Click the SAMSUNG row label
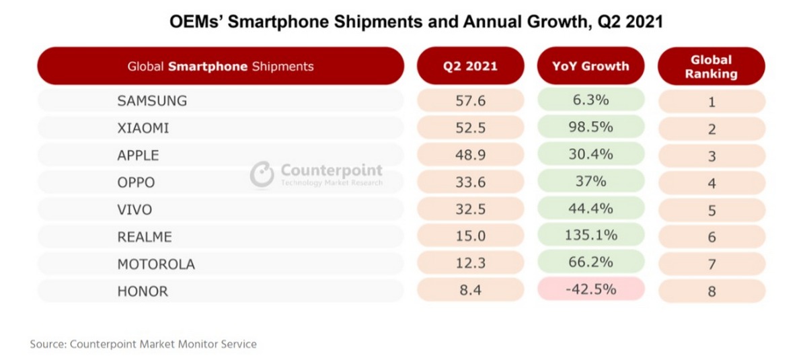coord(152,102)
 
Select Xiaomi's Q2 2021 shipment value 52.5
coord(470,128)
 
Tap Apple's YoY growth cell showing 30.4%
coord(591,154)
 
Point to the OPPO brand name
coord(136,182)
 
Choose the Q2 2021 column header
coord(470,66)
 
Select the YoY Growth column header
coord(591,66)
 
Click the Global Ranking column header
coord(711,66)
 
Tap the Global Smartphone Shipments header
coord(221,66)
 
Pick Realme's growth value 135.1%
coord(591,236)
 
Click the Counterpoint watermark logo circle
coord(262,174)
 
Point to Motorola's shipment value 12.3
coord(470,263)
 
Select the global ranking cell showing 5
coord(712,210)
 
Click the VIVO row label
coord(134,209)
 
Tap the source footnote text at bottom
coord(143,344)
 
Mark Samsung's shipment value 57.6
coord(470,102)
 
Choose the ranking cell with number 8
coord(712,291)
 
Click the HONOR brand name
coord(143,291)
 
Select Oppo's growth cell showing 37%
coord(591,182)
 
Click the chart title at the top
coord(416,22)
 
